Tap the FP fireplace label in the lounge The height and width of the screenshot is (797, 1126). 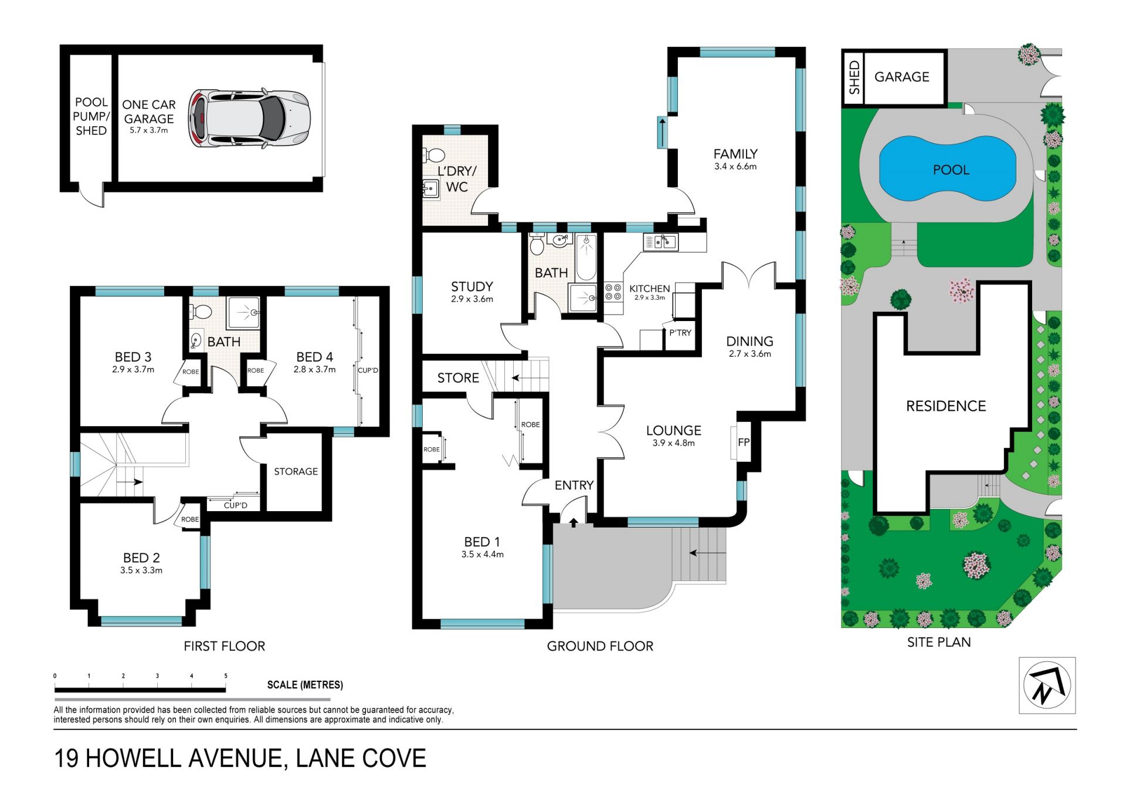tap(744, 442)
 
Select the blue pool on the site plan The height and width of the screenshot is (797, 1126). tap(947, 169)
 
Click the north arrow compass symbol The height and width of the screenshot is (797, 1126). tap(1047, 685)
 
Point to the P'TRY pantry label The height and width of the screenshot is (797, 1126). tap(680, 333)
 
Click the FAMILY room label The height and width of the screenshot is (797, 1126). tap(735, 154)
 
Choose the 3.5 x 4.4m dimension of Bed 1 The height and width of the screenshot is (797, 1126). tap(482, 554)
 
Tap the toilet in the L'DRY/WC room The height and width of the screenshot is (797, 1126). tap(433, 156)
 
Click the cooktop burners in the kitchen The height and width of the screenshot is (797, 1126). tap(613, 292)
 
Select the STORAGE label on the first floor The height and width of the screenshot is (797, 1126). tap(296, 471)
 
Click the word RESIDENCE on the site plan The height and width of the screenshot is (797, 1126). tap(946, 406)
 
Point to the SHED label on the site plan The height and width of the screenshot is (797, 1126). tap(854, 77)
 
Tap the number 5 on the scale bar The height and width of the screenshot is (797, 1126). tap(226, 676)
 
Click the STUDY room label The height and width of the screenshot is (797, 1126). tap(472, 286)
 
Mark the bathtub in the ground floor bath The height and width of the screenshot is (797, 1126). tap(586, 257)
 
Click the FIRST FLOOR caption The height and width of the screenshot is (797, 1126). tap(224, 646)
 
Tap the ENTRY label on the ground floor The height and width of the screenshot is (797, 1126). tap(574, 485)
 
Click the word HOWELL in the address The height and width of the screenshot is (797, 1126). tap(134, 758)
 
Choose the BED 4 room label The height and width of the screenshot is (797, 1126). tap(314, 357)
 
